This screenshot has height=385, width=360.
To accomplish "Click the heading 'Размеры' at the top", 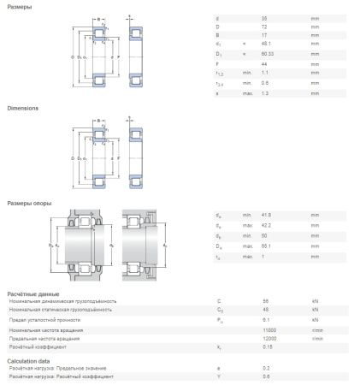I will click(20, 7).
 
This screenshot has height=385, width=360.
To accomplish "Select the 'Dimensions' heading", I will click(23, 109).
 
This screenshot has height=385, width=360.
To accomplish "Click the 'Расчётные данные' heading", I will click(33, 293).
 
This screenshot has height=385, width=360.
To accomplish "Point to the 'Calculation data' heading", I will click(27, 360).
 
